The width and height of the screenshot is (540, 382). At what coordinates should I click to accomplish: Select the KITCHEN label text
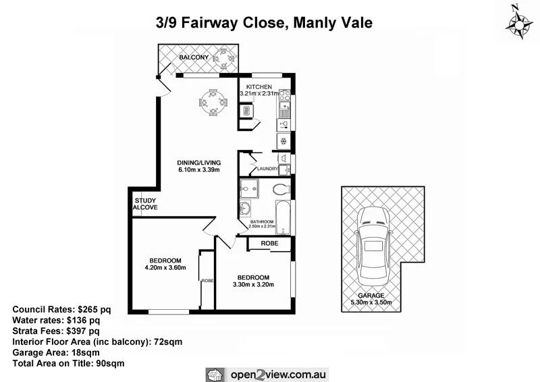(x=259, y=88)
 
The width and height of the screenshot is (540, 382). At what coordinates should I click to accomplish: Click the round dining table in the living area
(x=212, y=103)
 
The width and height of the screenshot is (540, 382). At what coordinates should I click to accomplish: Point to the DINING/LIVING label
(x=199, y=163)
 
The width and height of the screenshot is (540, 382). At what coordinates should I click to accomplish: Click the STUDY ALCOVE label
(x=145, y=204)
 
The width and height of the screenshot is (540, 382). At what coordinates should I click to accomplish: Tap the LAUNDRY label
(x=267, y=169)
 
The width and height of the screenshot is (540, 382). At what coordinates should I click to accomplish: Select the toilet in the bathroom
(x=281, y=188)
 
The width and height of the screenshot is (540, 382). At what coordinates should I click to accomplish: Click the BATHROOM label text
(x=261, y=221)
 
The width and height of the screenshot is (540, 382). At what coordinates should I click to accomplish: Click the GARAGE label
(x=371, y=296)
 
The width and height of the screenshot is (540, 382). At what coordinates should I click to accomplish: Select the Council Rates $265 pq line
(x=61, y=309)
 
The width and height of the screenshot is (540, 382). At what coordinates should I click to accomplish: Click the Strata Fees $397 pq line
(x=56, y=331)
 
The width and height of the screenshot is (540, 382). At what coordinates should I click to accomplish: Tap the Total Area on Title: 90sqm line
(x=68, y=363)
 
